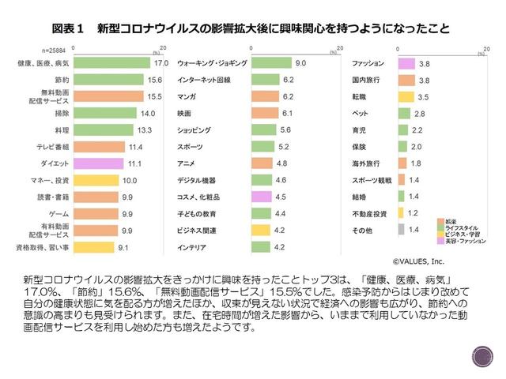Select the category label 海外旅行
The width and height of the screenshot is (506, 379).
click(x=366, y=163)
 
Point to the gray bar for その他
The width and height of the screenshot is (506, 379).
click(x=400, y=230)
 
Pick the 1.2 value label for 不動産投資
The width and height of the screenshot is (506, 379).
click(x=412, y=213)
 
